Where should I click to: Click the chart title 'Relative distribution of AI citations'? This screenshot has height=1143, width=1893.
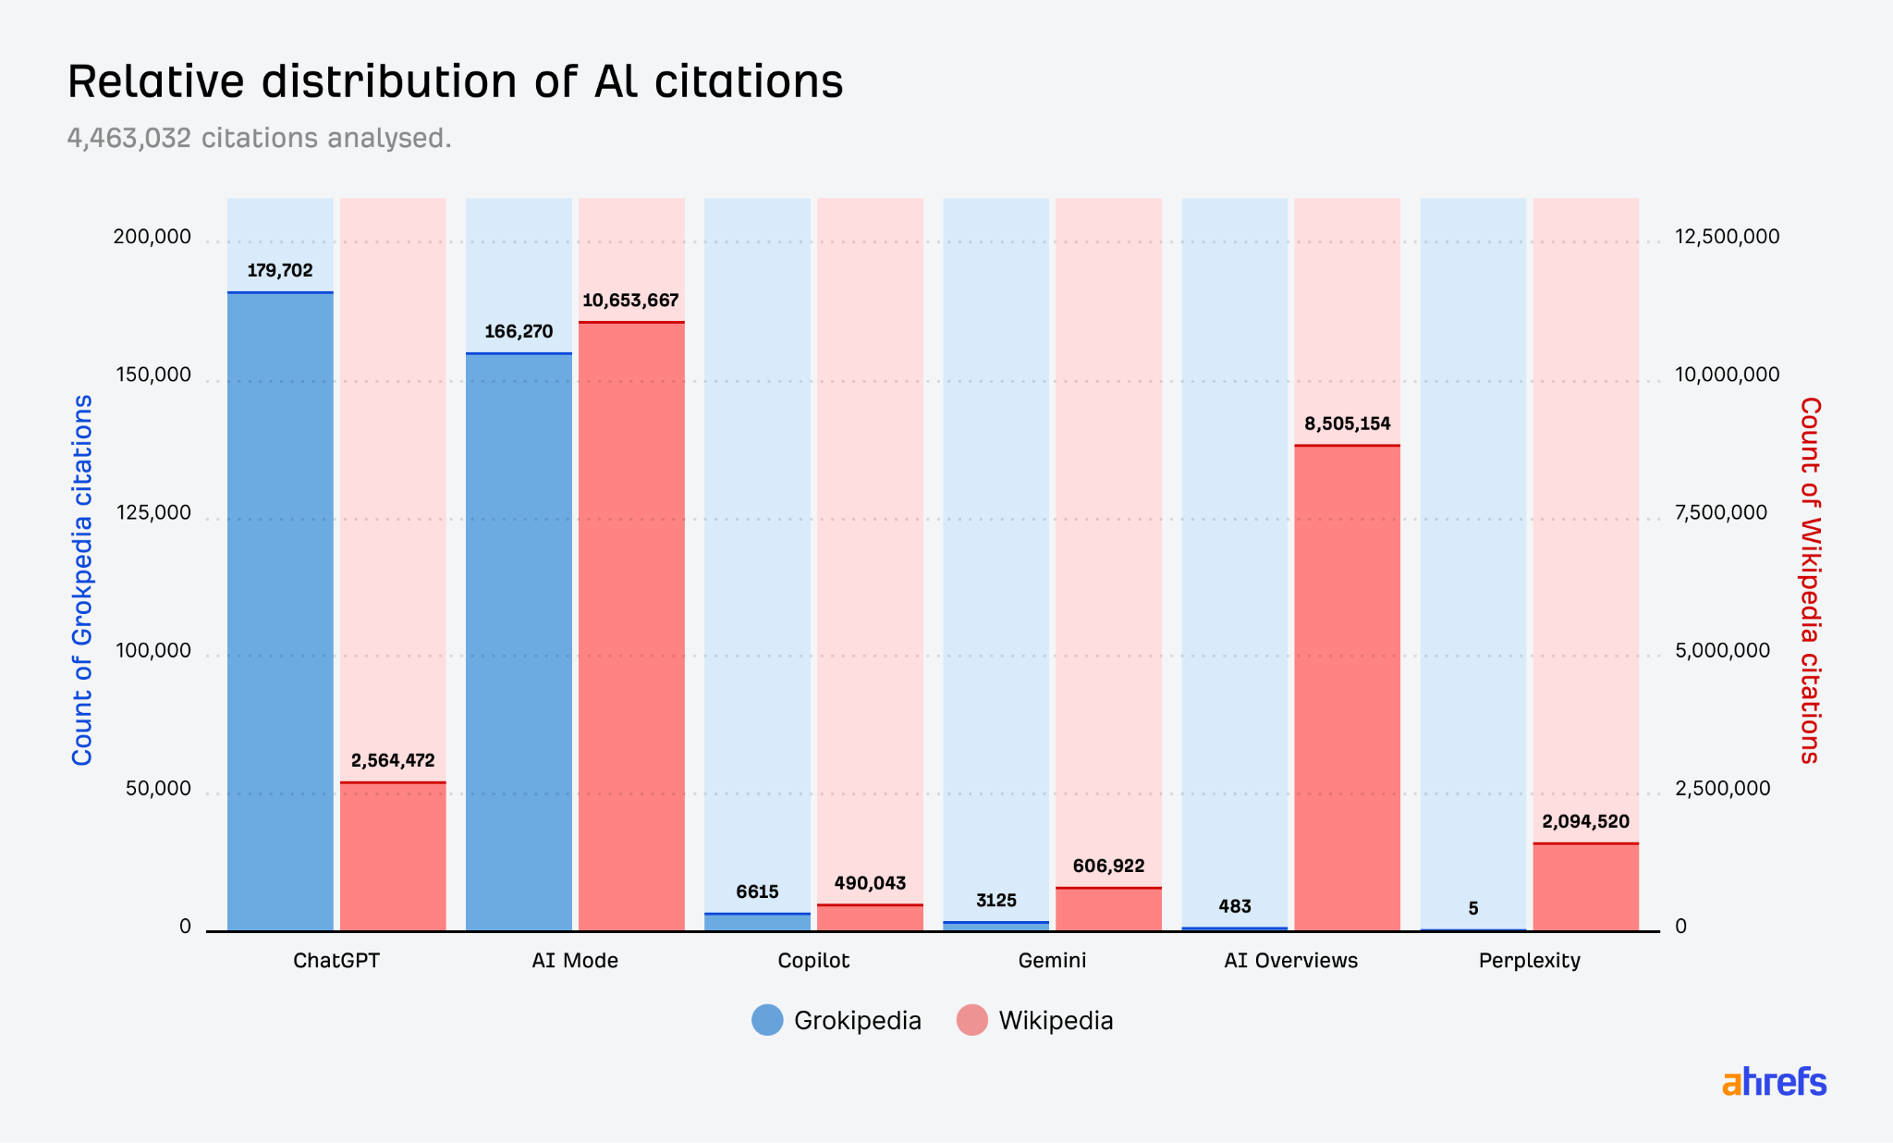tap(455, 81)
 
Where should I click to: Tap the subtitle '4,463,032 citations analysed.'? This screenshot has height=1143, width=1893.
tap(259, 138)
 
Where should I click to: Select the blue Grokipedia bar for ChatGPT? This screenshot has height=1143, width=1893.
tap(280, 610)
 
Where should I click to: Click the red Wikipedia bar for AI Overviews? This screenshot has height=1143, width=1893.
tap(1347, 688)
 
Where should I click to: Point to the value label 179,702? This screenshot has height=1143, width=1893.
tap(280, 271)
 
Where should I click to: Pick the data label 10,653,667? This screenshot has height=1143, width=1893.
tap(630, 301)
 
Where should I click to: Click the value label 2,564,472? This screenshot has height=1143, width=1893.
tap(393, 761)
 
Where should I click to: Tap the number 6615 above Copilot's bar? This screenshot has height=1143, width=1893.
tap(757, 892)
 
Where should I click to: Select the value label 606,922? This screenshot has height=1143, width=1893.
tap(1108, 866)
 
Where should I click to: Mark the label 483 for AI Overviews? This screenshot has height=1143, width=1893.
tap(1235, 907)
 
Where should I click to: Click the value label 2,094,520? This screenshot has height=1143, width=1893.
tap(1585, 822)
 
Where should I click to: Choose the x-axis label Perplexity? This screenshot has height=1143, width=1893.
tap(1529, 961)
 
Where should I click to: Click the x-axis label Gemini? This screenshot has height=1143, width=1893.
tap(1052, 961)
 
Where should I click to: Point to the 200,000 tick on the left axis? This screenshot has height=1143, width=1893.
tap(153, 237)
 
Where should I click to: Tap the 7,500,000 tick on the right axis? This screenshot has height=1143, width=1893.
tap(1721, 513)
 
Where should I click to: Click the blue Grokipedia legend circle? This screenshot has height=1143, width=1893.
tap(767, 1020)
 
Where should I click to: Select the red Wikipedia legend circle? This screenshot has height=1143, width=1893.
tap(972, 1020)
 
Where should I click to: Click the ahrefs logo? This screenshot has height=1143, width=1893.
tap(1774, 1082)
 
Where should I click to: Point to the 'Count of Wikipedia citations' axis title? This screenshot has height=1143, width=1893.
tap(1810, 581)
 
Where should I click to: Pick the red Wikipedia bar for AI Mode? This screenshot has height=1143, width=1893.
tap(631, 626)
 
